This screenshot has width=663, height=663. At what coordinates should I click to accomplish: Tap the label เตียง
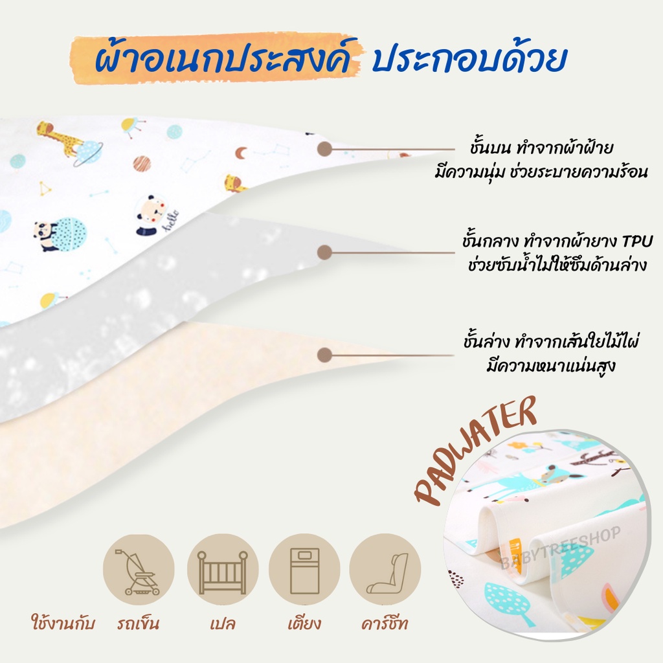304,622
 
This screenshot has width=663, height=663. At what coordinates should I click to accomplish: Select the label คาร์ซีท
385,622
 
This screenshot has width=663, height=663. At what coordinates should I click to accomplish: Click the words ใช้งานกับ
63,622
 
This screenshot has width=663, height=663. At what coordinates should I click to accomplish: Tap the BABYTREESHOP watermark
560,548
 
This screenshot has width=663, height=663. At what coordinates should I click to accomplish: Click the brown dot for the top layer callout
324,149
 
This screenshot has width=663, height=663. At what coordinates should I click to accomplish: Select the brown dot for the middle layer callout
324,253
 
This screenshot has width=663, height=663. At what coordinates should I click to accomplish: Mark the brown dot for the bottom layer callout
324,355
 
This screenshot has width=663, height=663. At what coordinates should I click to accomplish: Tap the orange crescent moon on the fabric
241,153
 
